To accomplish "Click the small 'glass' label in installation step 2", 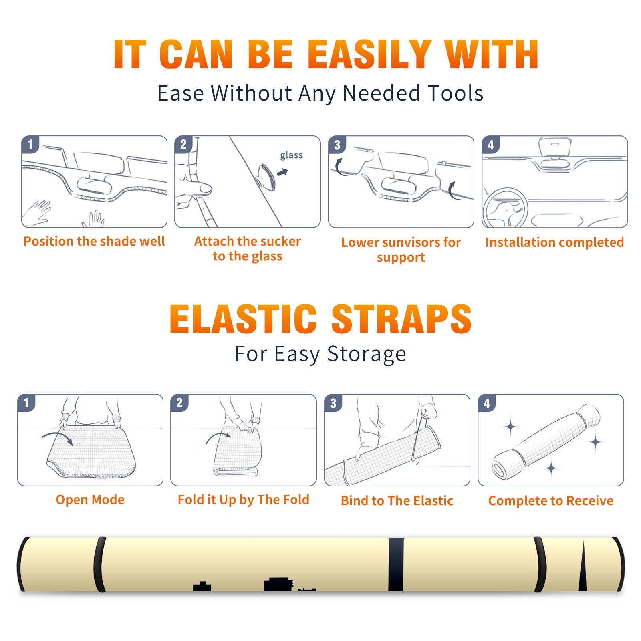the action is coord(291,155).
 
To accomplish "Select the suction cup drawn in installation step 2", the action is coord(266,177).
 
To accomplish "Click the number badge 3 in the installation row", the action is coord(337,145).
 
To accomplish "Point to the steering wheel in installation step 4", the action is coord(505,208).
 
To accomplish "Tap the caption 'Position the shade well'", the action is coord(94,241).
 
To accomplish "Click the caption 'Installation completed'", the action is coord(554,242).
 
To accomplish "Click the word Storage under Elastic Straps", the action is coord(367,354).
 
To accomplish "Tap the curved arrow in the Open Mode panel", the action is coord(57,437).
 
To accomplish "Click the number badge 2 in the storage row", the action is coord(179,403).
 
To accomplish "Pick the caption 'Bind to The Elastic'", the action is coord(397,500).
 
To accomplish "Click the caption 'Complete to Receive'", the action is coord(550,501).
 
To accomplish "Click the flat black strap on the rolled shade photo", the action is coord(396,564).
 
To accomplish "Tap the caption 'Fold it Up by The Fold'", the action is coord(244,500).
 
